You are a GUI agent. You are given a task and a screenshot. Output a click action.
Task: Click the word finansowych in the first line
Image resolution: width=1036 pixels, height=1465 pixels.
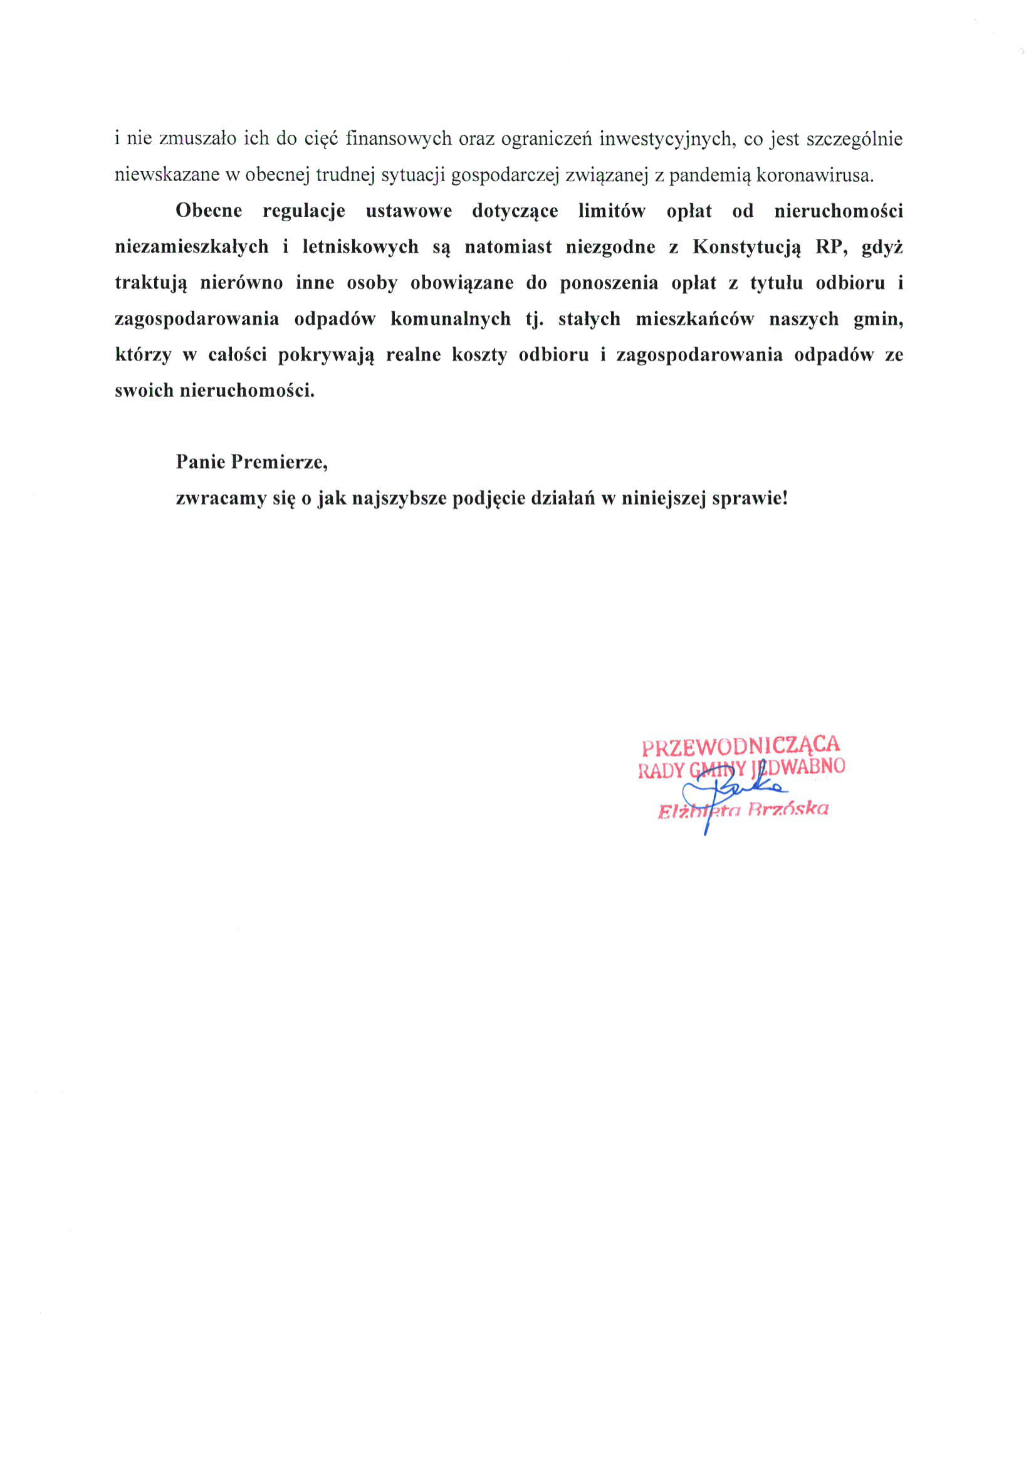[399, 139]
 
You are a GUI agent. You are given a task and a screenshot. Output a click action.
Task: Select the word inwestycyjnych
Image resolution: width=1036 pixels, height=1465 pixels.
[667, 139]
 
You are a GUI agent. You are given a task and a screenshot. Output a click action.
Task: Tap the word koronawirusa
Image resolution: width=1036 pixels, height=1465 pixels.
[815, 175]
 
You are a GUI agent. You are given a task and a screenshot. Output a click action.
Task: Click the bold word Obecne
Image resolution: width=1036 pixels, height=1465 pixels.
[209, 211]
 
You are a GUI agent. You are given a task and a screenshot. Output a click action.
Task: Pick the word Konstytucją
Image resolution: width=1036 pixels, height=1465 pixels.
[746, 247]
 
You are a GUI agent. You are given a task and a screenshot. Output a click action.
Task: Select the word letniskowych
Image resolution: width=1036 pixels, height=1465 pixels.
[360, 247]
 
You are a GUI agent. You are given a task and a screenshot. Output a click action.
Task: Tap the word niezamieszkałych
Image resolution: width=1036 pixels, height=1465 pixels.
[191, 247]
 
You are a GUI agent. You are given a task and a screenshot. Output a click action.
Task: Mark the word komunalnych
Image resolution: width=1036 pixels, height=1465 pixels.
[451, 319]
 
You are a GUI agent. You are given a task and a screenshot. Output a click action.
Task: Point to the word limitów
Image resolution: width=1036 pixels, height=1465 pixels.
[612, 211]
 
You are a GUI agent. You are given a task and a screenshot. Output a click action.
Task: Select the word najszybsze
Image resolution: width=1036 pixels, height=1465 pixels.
[399, 498]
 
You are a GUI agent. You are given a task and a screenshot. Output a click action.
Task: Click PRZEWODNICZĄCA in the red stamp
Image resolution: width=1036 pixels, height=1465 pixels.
[741, 745]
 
